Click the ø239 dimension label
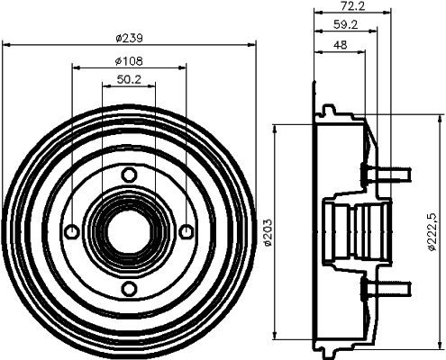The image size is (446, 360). click(130, 38)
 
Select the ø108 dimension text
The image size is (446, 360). click(129, 61)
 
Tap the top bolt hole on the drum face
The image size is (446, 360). click(128, 174)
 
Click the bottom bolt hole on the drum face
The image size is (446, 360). click(128, 288)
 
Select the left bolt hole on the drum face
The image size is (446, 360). click(71, 231)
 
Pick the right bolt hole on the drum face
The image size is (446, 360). click(186, 231)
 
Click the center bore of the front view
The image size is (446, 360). click(128, 231)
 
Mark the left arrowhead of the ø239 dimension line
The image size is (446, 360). click(7, 46)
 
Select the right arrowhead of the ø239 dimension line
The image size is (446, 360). click(251, 46)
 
